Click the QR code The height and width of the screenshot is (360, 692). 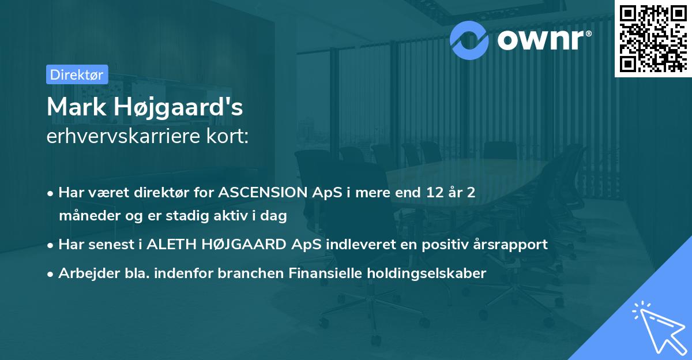pyautogui.click(x=653, y=38)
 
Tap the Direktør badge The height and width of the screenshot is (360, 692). pyautogui.click(x=77, y=74)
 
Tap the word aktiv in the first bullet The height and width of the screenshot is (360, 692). pyautogui.click(x=232, y=216)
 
